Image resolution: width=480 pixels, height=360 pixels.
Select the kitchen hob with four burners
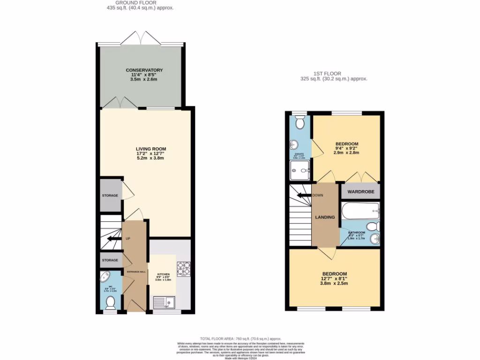click(x=183, y=268)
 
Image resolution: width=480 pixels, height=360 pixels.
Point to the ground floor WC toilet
click(x=111, y=302)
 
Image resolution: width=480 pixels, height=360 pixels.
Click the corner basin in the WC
click(x=105, y=278)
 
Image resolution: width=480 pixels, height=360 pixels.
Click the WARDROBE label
click(x=360, y=192)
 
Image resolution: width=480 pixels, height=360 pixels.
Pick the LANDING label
click(x=325, y=217)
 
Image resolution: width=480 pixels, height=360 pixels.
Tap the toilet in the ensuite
click(x=300, y=122)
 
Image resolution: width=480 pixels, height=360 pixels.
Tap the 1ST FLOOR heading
click(x=327, y=74)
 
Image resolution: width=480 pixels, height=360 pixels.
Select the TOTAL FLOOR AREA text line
click(x=240, y=338)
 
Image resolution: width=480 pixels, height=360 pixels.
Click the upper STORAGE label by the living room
click(x=110, y=195)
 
